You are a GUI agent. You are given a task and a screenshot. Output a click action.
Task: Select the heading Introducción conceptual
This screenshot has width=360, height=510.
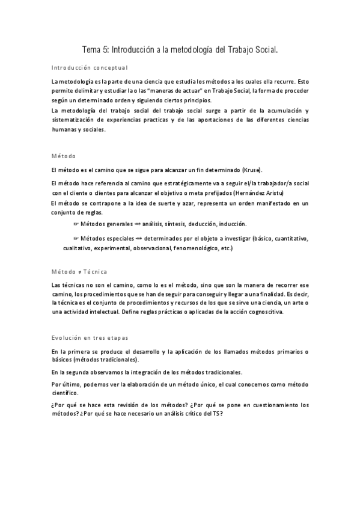coord(90,68)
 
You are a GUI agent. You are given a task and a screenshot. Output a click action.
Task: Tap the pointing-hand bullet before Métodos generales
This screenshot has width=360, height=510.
coord(76,224)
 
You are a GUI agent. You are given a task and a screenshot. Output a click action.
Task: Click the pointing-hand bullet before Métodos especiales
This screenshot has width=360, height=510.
coord(76,238)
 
